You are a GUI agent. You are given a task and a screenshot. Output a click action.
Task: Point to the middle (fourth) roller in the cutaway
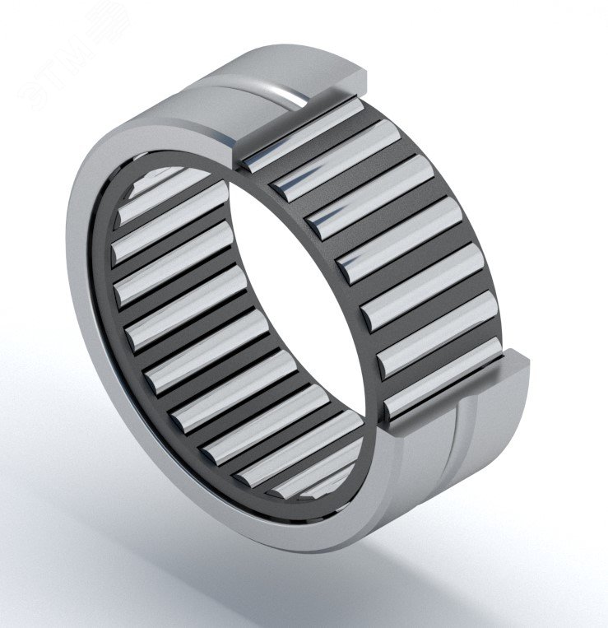398,239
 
